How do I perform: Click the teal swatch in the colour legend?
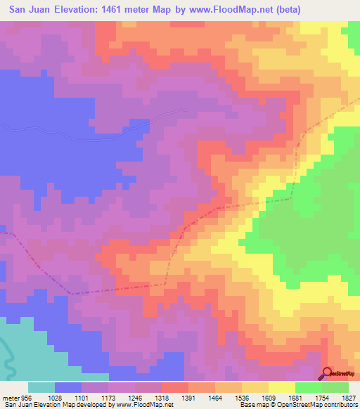(41, 387)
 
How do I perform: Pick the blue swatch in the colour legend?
(68, 387)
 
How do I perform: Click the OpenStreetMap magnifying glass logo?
(326, 373)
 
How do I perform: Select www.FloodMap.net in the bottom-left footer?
(148, 405)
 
